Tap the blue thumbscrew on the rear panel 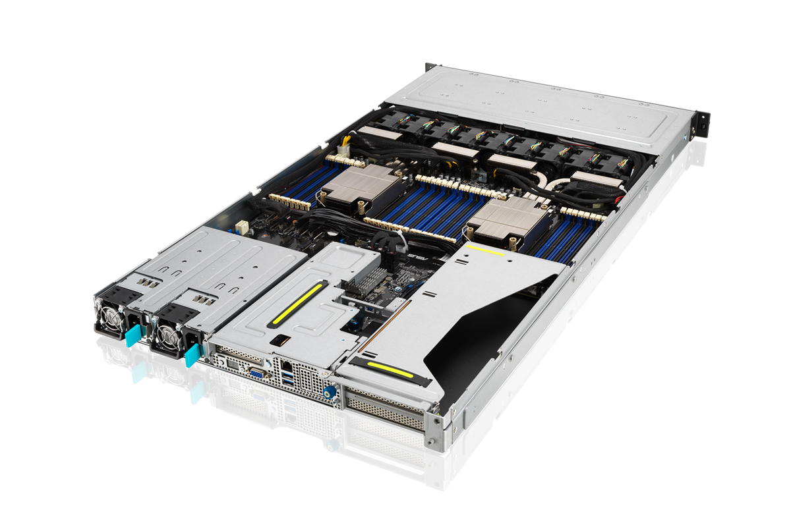coord(328,392)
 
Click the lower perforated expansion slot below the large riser coord(386,414)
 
